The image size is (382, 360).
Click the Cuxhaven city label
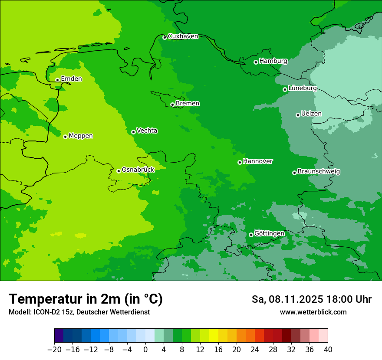183,36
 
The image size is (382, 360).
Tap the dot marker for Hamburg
256,62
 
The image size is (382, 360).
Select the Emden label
71,79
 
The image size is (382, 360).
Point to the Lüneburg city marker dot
285,89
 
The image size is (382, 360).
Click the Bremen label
188,103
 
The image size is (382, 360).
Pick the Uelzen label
311,114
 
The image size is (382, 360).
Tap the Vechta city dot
133,132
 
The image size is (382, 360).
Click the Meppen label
81,136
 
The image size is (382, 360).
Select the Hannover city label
258,161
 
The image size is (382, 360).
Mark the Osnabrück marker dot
119,171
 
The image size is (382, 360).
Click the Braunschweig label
319,171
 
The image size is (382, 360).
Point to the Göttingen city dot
251,235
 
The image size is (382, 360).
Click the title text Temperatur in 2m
86,299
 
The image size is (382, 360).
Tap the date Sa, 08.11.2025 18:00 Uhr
311,299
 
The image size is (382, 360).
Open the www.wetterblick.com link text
313,312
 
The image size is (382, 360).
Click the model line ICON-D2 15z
79,312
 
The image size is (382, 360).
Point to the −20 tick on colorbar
55,349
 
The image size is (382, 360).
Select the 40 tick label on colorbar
328,349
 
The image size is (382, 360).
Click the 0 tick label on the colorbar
145,349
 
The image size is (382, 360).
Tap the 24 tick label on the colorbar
255,349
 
